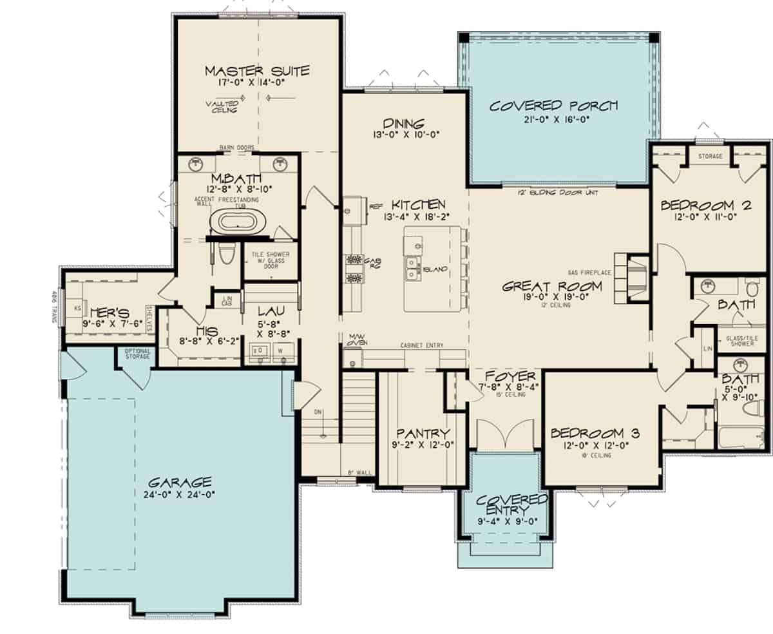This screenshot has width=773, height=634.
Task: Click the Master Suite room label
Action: (x=257, y=70)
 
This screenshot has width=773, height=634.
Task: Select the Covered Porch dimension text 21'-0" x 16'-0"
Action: (x=553, y=119)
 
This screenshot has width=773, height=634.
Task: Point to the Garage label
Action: (x=180, y=483)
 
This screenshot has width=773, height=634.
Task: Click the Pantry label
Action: (x=423, y=433)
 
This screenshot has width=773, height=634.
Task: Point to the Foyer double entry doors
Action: (x=505, y=435)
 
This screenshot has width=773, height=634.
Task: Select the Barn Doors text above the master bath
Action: (x=236, y=148)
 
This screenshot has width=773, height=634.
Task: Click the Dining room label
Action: (x=403, y=123)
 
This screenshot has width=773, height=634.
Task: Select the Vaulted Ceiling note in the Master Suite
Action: (x=222, y=106)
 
